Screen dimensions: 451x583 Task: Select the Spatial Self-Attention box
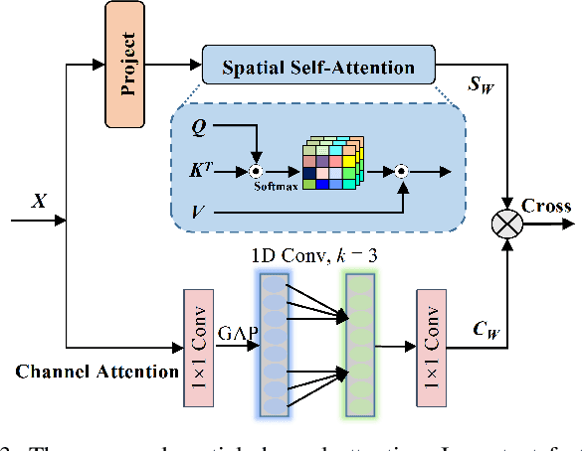tap(319, 67)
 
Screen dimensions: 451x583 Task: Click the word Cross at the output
tap(547, 206)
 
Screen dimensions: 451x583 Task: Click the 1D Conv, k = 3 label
tap(316, 255)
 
